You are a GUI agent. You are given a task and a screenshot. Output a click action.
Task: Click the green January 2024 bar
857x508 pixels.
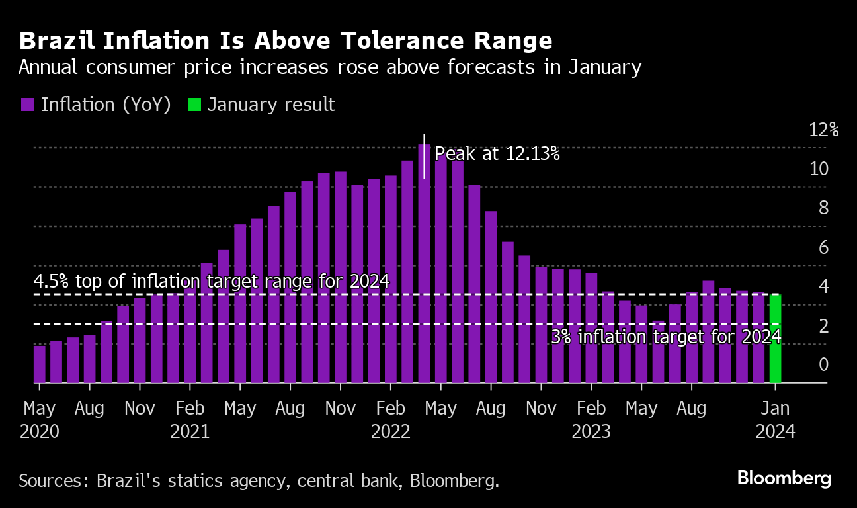click(x=775, y=339)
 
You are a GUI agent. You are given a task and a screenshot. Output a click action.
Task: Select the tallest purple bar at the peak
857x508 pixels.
click(x=424, y=265)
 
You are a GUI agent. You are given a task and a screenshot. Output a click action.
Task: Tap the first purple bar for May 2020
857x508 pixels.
click(x=40, y=364)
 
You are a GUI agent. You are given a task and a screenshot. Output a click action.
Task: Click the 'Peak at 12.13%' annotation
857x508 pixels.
click(x=497, y=154)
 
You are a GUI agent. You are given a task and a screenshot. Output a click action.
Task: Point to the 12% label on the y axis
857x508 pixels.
click(x=824, y=130)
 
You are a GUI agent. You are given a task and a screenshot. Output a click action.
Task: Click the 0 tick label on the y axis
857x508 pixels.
click(x=823, y=364)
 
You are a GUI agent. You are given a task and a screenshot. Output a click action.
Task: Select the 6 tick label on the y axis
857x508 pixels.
click(x=823, y=247)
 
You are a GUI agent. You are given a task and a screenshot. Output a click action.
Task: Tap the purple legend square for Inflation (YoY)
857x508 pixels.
click(x=27, y=105)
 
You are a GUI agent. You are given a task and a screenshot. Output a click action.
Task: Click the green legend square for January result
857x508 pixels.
click(x=194, y=105)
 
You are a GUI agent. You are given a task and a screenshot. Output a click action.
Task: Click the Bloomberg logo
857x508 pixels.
click(x=784, y=478)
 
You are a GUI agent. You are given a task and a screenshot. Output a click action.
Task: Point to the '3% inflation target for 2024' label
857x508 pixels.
click(x=666, y=337)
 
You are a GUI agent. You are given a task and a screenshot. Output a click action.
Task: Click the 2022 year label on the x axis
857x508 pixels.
click(x=391, y=432)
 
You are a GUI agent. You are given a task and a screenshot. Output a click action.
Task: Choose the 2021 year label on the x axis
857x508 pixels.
click(x=190, y=432)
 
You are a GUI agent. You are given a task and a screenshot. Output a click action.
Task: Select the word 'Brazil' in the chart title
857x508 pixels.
click(x=56, y=41)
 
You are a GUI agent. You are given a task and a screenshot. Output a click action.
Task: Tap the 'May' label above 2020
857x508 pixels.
click(x=40, y=408)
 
